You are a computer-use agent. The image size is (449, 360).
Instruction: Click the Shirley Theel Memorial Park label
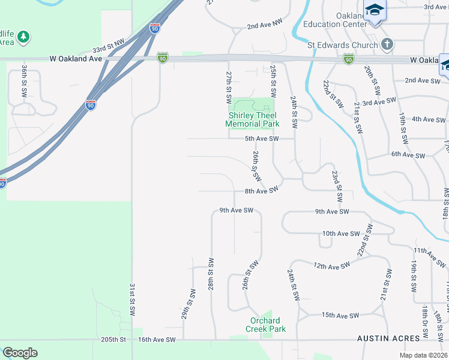click(x=252, y=119)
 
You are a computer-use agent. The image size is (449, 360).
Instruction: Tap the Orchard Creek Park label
click(x=265, y=324)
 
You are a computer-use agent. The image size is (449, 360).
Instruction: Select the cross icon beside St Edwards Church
click(x=387, y=44)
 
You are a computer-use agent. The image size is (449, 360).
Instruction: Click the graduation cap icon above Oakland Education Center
click(x=375, y=10)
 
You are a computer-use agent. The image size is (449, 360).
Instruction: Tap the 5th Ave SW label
click(x=262, y=139)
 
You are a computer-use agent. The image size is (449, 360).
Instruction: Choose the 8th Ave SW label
click(x=261, y=191)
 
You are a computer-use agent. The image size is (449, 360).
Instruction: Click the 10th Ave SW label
click(x=340, y=233)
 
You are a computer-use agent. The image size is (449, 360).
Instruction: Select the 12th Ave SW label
click(x=331, y=265)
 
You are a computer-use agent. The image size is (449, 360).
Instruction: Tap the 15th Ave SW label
click(x=340, y=315)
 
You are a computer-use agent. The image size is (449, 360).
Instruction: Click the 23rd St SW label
click(x=337, y=185)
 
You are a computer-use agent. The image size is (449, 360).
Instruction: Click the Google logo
click(x=20, y=353)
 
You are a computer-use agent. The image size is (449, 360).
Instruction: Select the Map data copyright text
click(x=423, y=355)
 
